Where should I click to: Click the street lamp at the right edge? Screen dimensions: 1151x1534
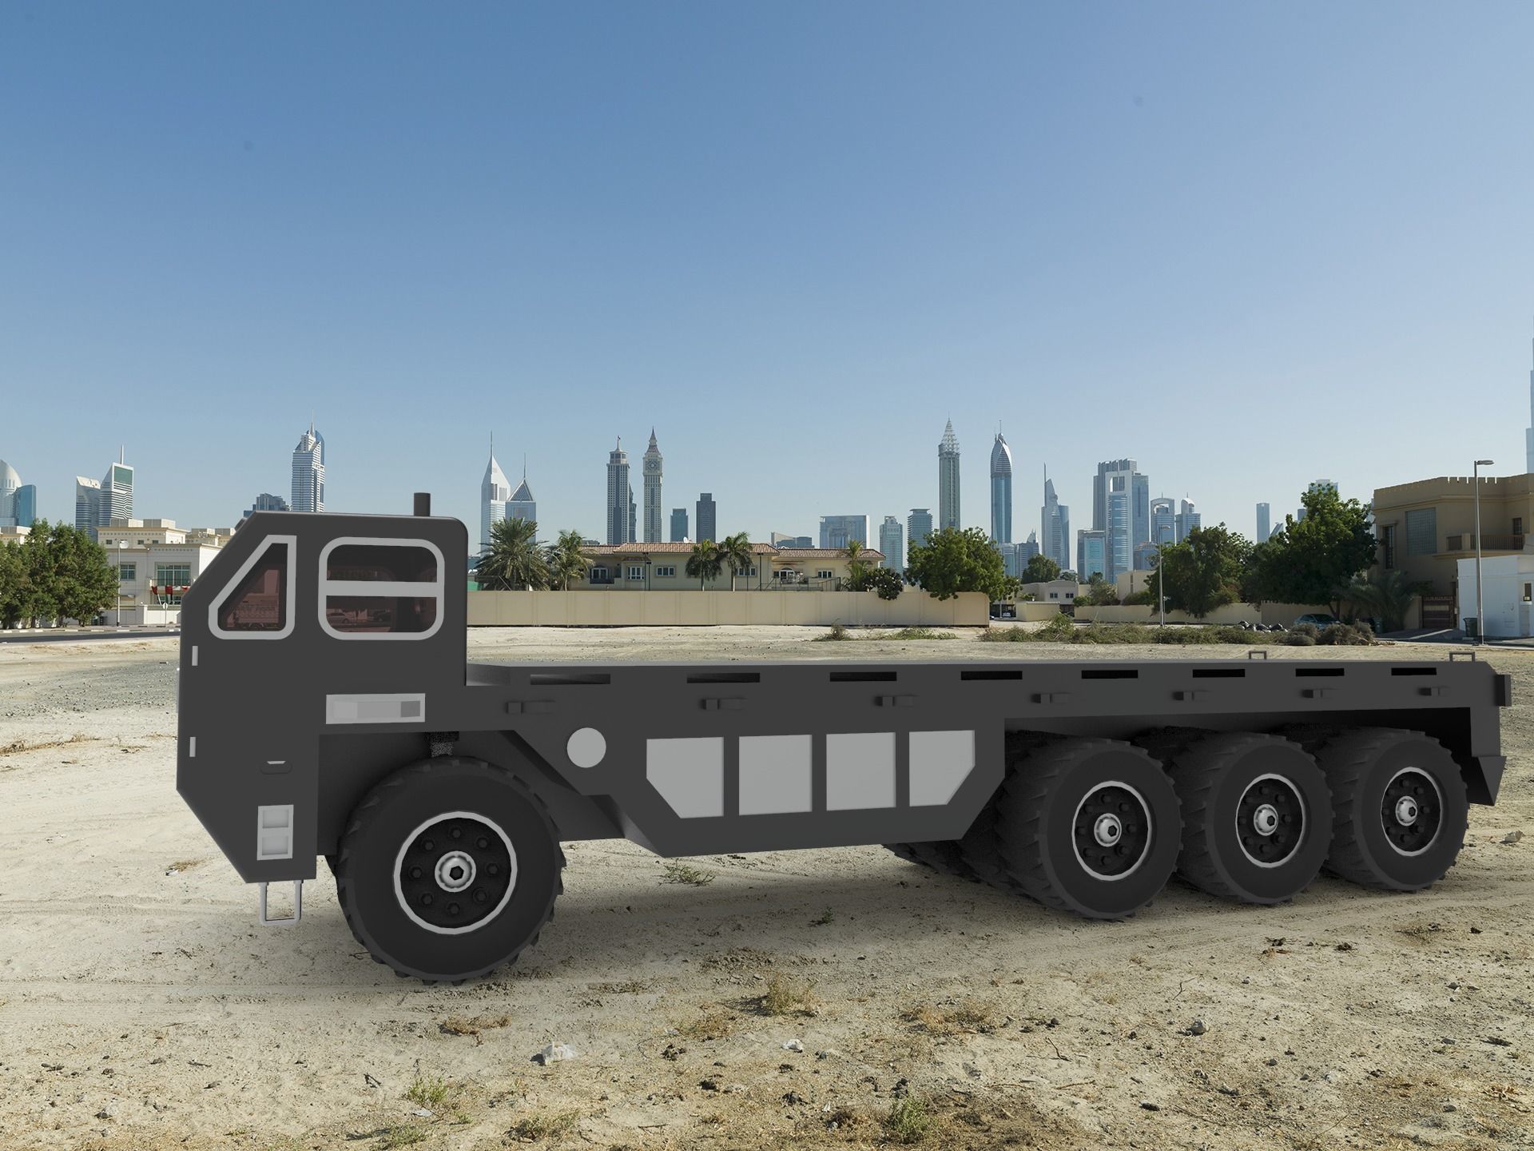point(1477,552)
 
